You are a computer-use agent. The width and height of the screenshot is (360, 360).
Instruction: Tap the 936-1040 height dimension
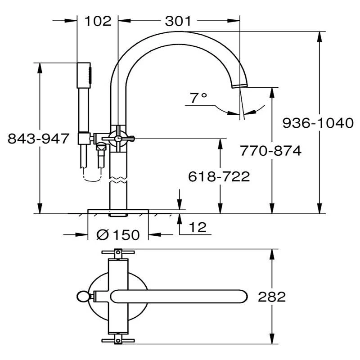coord(318,122)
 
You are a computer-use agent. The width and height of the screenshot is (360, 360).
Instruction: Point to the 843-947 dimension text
coord(39,139)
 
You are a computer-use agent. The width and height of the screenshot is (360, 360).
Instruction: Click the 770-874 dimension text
coord(270,151)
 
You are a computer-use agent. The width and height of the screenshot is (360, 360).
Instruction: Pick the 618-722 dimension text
coord(219,176)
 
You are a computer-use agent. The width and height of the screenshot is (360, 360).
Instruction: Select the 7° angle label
coord(198,98)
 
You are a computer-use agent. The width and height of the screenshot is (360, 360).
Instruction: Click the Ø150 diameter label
coord(118,234)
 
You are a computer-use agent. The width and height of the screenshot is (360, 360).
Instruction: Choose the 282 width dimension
coord(272,297)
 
